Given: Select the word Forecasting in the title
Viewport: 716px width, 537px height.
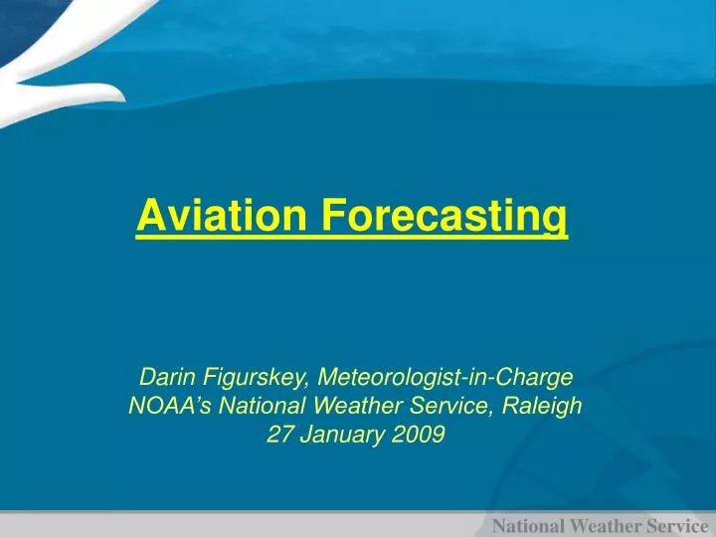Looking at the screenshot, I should tap(445, 216).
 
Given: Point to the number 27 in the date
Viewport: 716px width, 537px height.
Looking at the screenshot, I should tap(280, 435).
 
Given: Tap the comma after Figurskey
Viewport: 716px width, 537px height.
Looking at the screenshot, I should tap(310, 385).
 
